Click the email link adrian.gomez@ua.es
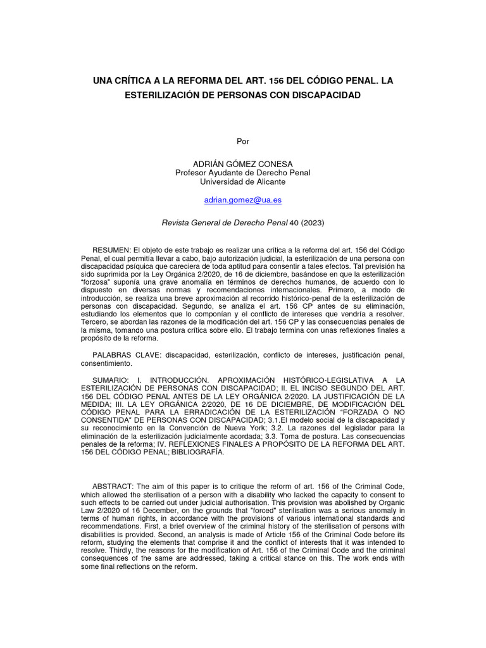[x=242, y=200]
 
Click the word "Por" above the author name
[x=242, y=140]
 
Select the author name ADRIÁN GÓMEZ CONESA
[x=242, y=163]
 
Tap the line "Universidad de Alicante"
[x=242, y=182]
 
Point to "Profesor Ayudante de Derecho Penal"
[x=242, y=173]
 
